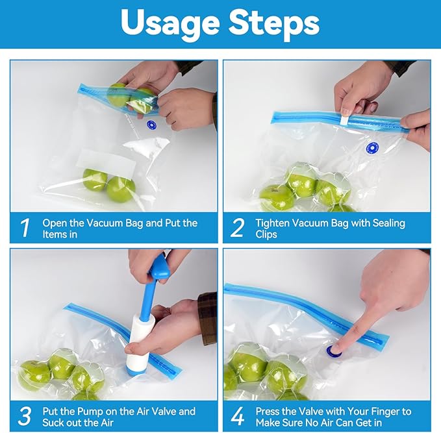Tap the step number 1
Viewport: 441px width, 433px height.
coord(25,228)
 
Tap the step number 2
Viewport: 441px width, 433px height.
coord(238,228)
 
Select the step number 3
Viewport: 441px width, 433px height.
coord(25,416)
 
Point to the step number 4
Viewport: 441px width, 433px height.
coord(238,416)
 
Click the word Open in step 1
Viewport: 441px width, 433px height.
coord(55,223)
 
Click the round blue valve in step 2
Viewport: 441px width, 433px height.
coord(373,148)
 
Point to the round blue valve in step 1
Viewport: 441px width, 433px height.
coord(152,126)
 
